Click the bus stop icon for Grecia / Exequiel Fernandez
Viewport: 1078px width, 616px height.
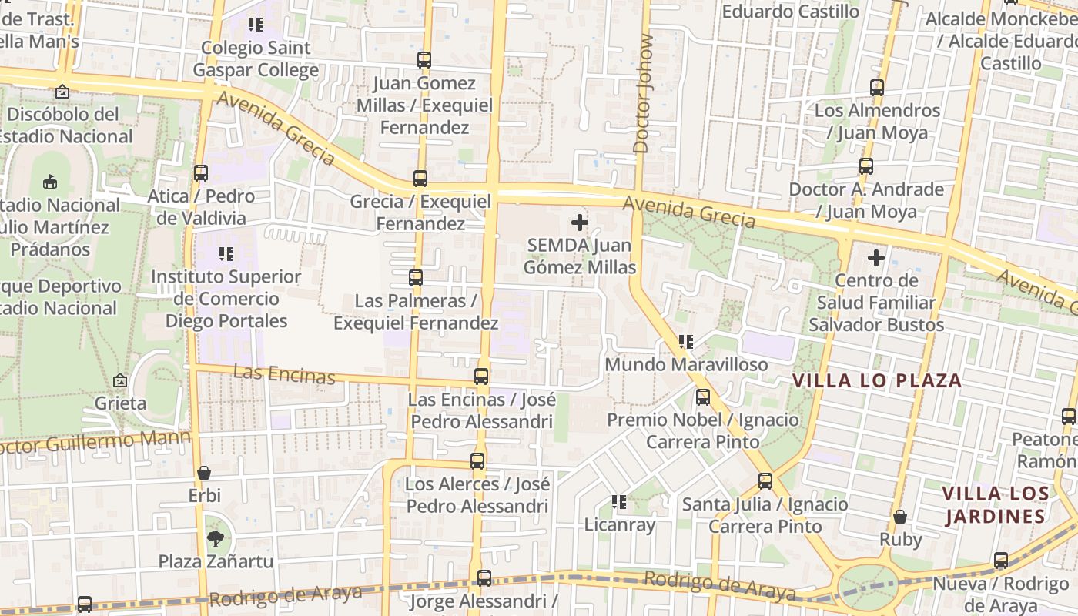coord(420,179)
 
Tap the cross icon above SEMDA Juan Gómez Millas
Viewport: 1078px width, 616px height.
coord(580,223)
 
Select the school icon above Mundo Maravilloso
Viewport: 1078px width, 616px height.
coord(685,341)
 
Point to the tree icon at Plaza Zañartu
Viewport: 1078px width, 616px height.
coord(215,539)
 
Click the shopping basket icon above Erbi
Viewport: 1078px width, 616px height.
coord(204,473)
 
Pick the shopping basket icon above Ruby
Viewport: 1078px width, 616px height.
coord(899,517)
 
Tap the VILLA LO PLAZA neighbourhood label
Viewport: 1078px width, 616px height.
coord(877,380)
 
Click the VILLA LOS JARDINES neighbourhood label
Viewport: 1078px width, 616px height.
coord(995,504)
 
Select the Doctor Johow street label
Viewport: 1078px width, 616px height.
coord(643,93)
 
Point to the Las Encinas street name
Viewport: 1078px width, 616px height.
coord(283,374)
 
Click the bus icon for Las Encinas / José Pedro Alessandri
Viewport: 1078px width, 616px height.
coord(481,377)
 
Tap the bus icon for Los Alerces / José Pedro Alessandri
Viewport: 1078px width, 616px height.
coord(477,461)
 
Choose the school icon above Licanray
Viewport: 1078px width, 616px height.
coord(619,503)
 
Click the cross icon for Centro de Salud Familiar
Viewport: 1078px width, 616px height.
coord(876,258)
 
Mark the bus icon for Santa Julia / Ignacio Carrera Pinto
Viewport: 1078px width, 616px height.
coord(765,481)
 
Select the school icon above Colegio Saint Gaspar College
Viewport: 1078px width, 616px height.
coord(256,25)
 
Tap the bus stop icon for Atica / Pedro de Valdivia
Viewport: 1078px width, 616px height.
coord(201,173)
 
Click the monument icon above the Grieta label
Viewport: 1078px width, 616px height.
coord(120,380)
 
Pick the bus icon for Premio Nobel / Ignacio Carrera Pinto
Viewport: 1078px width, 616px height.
coord(702,397)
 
